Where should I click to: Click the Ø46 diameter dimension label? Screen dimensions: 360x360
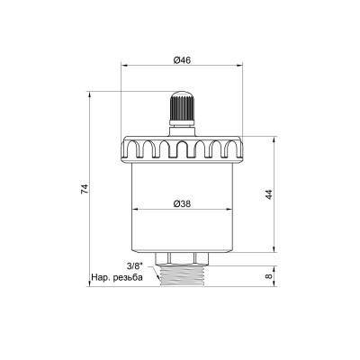tap(182, 60)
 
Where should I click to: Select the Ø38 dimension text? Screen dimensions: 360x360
tap(182, 203)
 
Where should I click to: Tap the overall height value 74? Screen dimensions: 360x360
tap(85, 188)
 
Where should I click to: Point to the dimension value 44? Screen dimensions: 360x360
tap(269, 194)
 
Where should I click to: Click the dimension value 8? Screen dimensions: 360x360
tap(269, 276)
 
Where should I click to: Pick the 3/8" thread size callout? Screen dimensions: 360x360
tap(134, 266)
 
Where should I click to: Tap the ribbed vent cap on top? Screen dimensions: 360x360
tap(182, 108)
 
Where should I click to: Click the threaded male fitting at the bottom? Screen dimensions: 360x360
tap(182, 275)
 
